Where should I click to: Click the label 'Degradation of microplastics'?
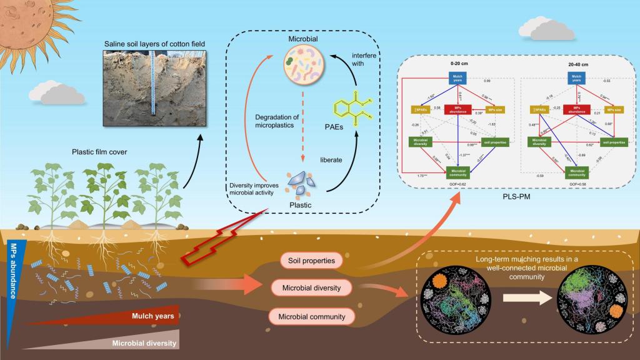(279, 121)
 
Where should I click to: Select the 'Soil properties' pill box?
(307, 259)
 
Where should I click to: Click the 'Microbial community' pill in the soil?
(307, 316)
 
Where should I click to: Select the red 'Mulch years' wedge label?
(152, 316)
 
